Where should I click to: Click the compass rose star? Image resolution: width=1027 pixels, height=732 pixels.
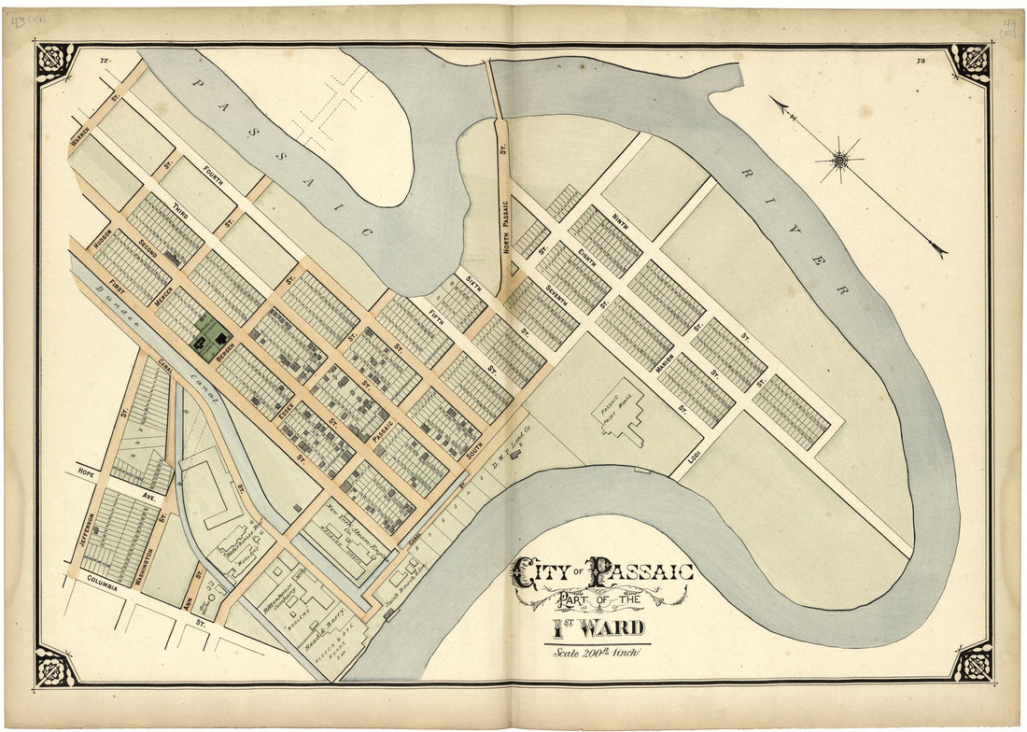pyautogui.click(x=840, y=161)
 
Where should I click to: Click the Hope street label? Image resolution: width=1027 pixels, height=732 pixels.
pyautogui.click(x=89, y=471)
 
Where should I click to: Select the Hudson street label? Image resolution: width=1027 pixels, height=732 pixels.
pyautogui.click(x=103, y=237)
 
